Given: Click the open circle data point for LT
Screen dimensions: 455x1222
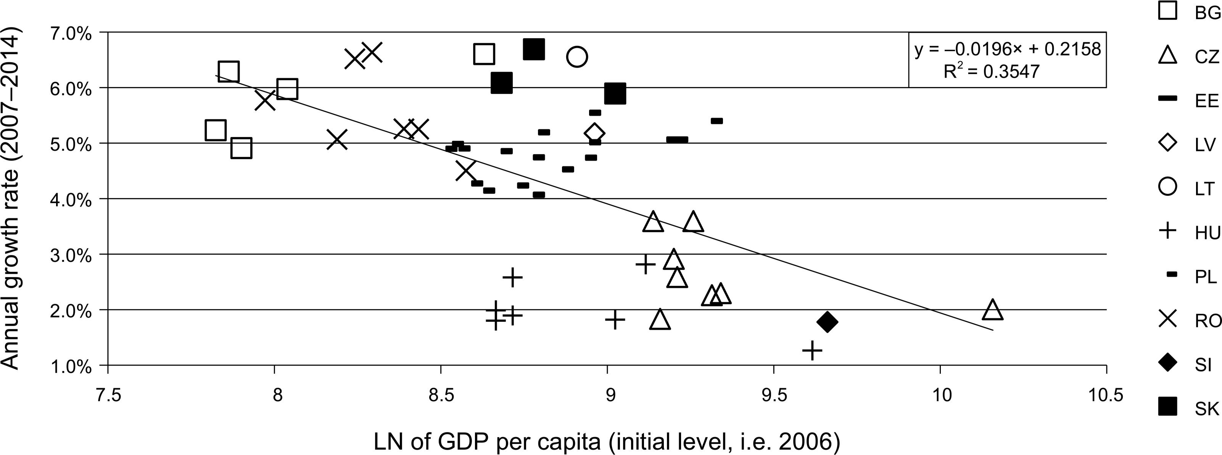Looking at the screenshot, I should click(577, 57).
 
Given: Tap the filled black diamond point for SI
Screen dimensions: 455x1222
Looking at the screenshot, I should click(827, 322).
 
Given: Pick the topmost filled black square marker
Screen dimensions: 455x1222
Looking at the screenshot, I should click(534, 49).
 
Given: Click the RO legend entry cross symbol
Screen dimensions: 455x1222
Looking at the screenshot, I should click(1167, 320).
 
